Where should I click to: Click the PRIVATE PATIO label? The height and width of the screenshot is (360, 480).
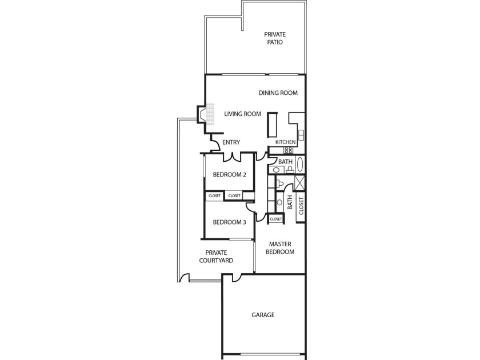pos(275,38)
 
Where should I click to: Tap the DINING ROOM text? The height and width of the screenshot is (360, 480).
pos(278,93)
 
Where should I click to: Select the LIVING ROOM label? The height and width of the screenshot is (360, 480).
pos(242,114)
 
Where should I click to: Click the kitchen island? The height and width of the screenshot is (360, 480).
pos(273,125)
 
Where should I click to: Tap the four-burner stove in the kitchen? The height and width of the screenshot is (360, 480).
pos(288,150)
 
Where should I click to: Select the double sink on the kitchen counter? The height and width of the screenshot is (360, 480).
pos(301,135)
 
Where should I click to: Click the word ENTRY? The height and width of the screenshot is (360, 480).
pos(231,142)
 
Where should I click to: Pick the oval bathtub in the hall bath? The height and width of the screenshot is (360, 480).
pos(301,165)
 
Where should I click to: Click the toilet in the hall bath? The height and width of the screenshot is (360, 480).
pos(290,170)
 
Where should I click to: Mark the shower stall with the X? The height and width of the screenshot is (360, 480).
pos(299,182)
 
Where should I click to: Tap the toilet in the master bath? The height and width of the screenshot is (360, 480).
pos(280,184)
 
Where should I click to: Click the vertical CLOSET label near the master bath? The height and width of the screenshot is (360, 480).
pos(301,206)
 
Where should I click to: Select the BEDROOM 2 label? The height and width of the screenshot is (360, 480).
pos(230,175)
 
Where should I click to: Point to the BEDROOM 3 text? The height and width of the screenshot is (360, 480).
pos(230,222)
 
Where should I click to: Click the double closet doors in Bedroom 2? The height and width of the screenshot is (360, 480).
pos(233,157)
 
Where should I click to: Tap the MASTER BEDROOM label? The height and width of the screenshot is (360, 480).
pos(280,248)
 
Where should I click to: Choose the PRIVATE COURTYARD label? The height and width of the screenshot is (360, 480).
pos(216,257)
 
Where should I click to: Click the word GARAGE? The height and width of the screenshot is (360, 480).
pos(263,315)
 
